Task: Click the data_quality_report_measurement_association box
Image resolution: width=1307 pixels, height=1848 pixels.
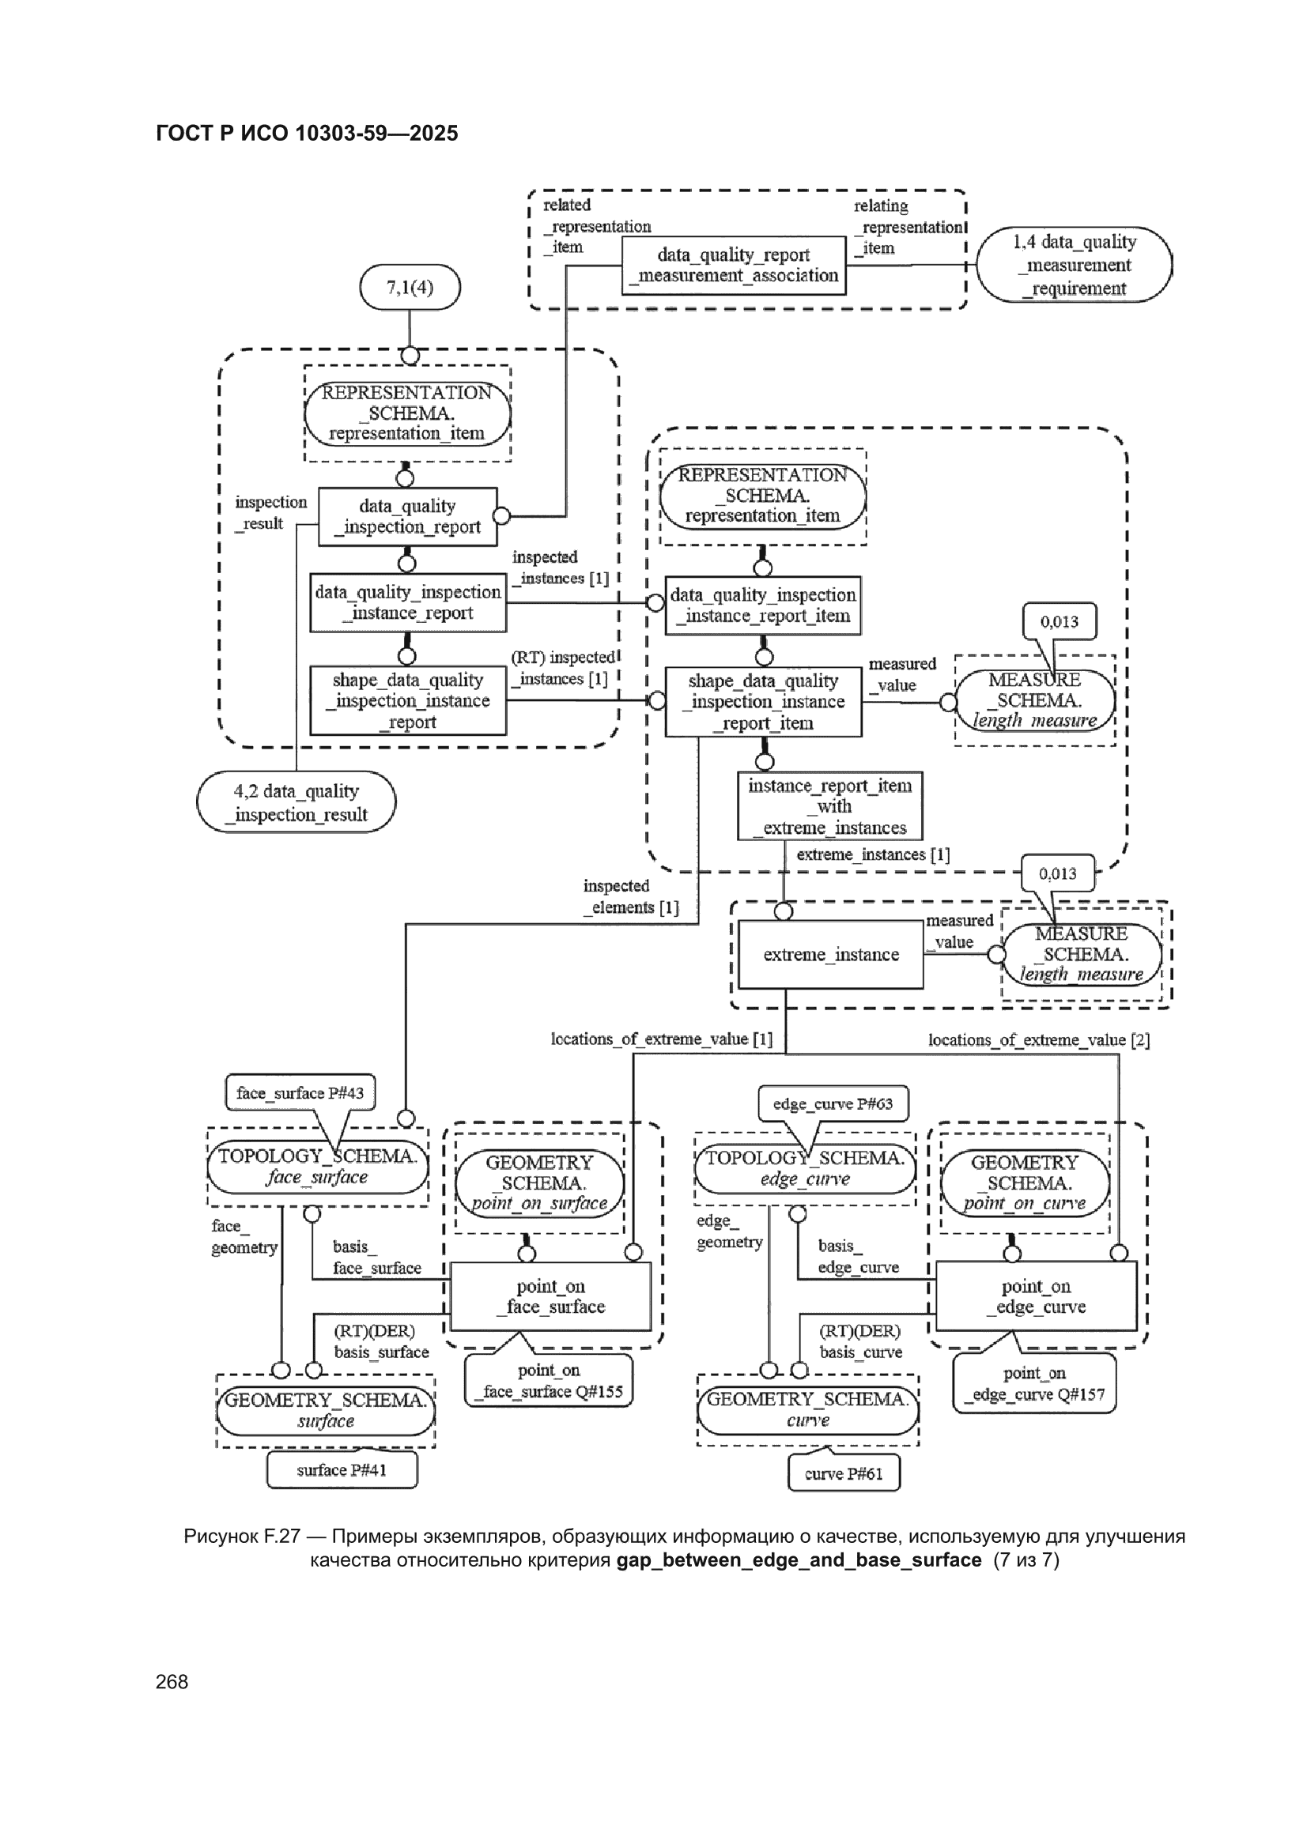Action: (x=734, y=266)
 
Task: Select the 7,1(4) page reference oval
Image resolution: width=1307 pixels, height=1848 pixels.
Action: (x=410, y=288)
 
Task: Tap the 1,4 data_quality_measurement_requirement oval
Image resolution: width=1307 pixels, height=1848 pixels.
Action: (x=1075, y=265)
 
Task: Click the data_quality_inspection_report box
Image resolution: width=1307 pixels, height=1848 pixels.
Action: (x=407, y=517)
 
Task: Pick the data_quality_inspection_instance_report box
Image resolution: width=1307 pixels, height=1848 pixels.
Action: (x=408, y=603)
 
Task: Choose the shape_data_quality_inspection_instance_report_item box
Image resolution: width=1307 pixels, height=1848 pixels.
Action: (x=764, y=702)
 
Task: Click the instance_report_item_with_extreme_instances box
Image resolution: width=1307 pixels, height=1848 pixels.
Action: (x=830, y=806)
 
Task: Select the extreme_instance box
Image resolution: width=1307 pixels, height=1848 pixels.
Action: (x=831, y=955)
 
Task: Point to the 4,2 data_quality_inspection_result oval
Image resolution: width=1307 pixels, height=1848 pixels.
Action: (x=297, y=802)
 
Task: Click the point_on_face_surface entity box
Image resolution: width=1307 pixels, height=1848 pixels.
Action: (x=551, y=1295)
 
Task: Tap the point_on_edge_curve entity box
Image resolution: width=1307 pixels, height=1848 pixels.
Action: (x=1037, y=1295)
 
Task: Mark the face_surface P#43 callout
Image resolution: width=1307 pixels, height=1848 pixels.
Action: (x=300, y=1092)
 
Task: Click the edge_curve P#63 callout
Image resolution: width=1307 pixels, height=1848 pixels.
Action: (x=833, y=1103)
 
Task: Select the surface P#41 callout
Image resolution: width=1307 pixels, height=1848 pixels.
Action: (x=342, y=1469)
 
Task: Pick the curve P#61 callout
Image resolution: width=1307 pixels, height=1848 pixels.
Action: (x=844, y=1473)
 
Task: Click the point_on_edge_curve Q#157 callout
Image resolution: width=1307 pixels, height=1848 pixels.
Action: (x=1035, y=1383)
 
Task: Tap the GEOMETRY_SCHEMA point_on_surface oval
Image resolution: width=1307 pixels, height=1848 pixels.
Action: (x=539, y=1183)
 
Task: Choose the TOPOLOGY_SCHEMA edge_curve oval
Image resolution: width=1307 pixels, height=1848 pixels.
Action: (x=805, y=1169)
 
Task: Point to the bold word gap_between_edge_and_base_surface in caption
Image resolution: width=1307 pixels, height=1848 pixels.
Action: (x=799, y=1559)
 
